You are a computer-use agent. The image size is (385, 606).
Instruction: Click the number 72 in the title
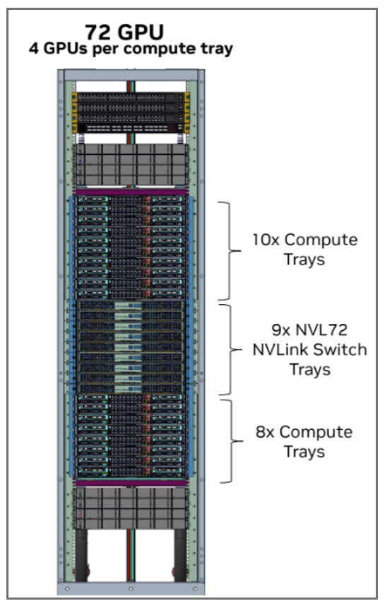click(100, 32)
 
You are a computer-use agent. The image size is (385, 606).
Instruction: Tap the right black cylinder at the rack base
click(174, 555)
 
